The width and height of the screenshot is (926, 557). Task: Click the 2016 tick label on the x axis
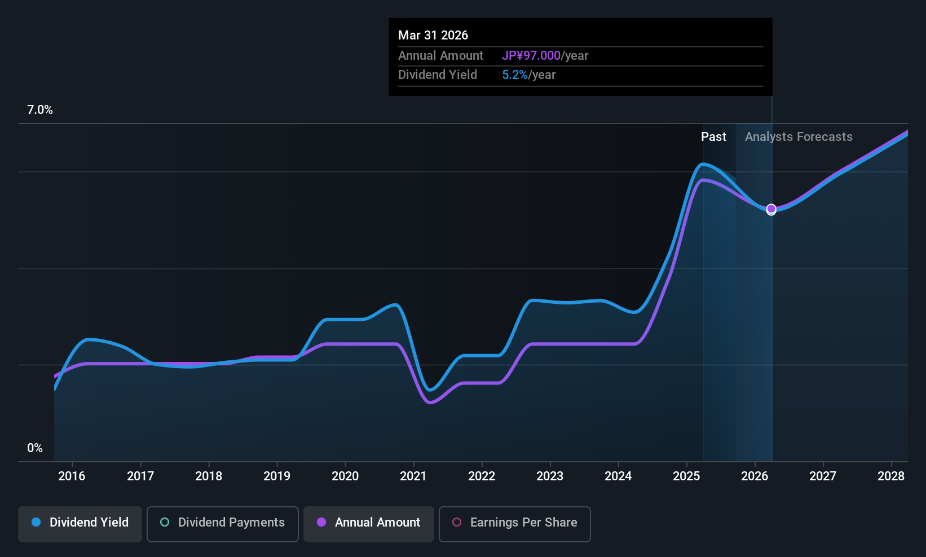pyautogui.click(x=72, y=476)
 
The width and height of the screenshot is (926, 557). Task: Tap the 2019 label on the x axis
pyautogui.click(x=276, y=476)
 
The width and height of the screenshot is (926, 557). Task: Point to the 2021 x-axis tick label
pyautogui.click(x=413, y=476)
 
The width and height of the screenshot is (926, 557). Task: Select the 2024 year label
pyautogui.click(x=618, y=476)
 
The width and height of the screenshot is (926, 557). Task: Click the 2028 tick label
pyautogui.click(x=890, y=476)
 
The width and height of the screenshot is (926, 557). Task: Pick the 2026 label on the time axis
pyautogui.click(x=754, y=476)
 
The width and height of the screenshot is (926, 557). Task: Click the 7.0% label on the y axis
pyautogui.click(x=39, y=110)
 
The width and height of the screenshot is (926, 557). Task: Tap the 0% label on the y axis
pyautogui.click(x=35, y=448)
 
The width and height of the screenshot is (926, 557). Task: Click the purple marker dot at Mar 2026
pyautogui.click(x=771, y=209)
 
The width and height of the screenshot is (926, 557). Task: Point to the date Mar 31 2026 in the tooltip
pyautogui.click(x=433, y=35)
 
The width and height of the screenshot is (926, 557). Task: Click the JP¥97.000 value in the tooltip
pyautogui.click(x=531, y=55)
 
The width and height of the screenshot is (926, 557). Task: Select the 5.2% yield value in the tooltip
pyautogui.click(x=515, y=75)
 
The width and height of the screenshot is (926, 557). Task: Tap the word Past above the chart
pyautogui.click(x=713, y=136)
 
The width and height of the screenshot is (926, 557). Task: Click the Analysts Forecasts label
pyautogui.click(x=799, y=136)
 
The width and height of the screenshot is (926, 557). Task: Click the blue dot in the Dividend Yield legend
pyautogui.click(x=36, y=522)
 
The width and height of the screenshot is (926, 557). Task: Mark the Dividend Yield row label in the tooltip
pyautogui.click(x=438, y=75)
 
